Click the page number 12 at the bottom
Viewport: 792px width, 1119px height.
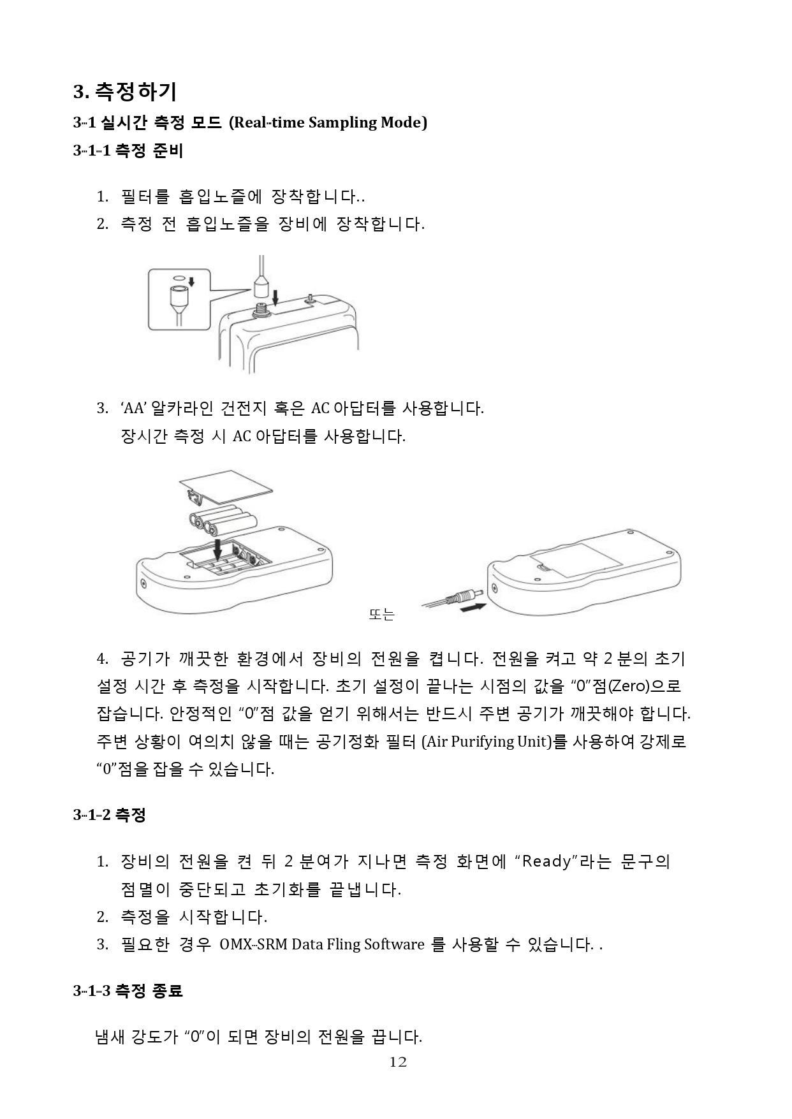pyautogui.click(x=398, y=1062)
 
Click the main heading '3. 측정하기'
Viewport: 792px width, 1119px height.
pyautogui.click(x=125, y=92)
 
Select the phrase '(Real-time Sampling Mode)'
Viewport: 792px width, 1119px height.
pyautogui.click(x=328, y=122)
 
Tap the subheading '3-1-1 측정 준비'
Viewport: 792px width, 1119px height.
pyautogui.click(x=128, y=151)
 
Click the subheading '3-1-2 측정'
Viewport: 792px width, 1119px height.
pyautogui.click(x=110, y=814)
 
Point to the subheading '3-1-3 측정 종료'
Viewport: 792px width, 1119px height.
pyautogui.click(x=128, y=991)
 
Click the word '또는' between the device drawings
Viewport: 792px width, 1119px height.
pyautogui.click(x=381, y=615)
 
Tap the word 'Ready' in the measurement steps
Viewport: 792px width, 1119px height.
pyautogui.click(x=546, y=862)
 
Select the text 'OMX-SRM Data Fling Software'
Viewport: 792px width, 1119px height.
pyautogui.click(x=322, y=944)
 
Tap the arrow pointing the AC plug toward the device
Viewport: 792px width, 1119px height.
pyautogui.click(x=472, y=608)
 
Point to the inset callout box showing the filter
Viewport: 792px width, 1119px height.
pyautogui.click(x=179, y=299)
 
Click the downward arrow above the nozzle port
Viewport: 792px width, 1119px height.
pyautogui.click(x=275, y=296)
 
